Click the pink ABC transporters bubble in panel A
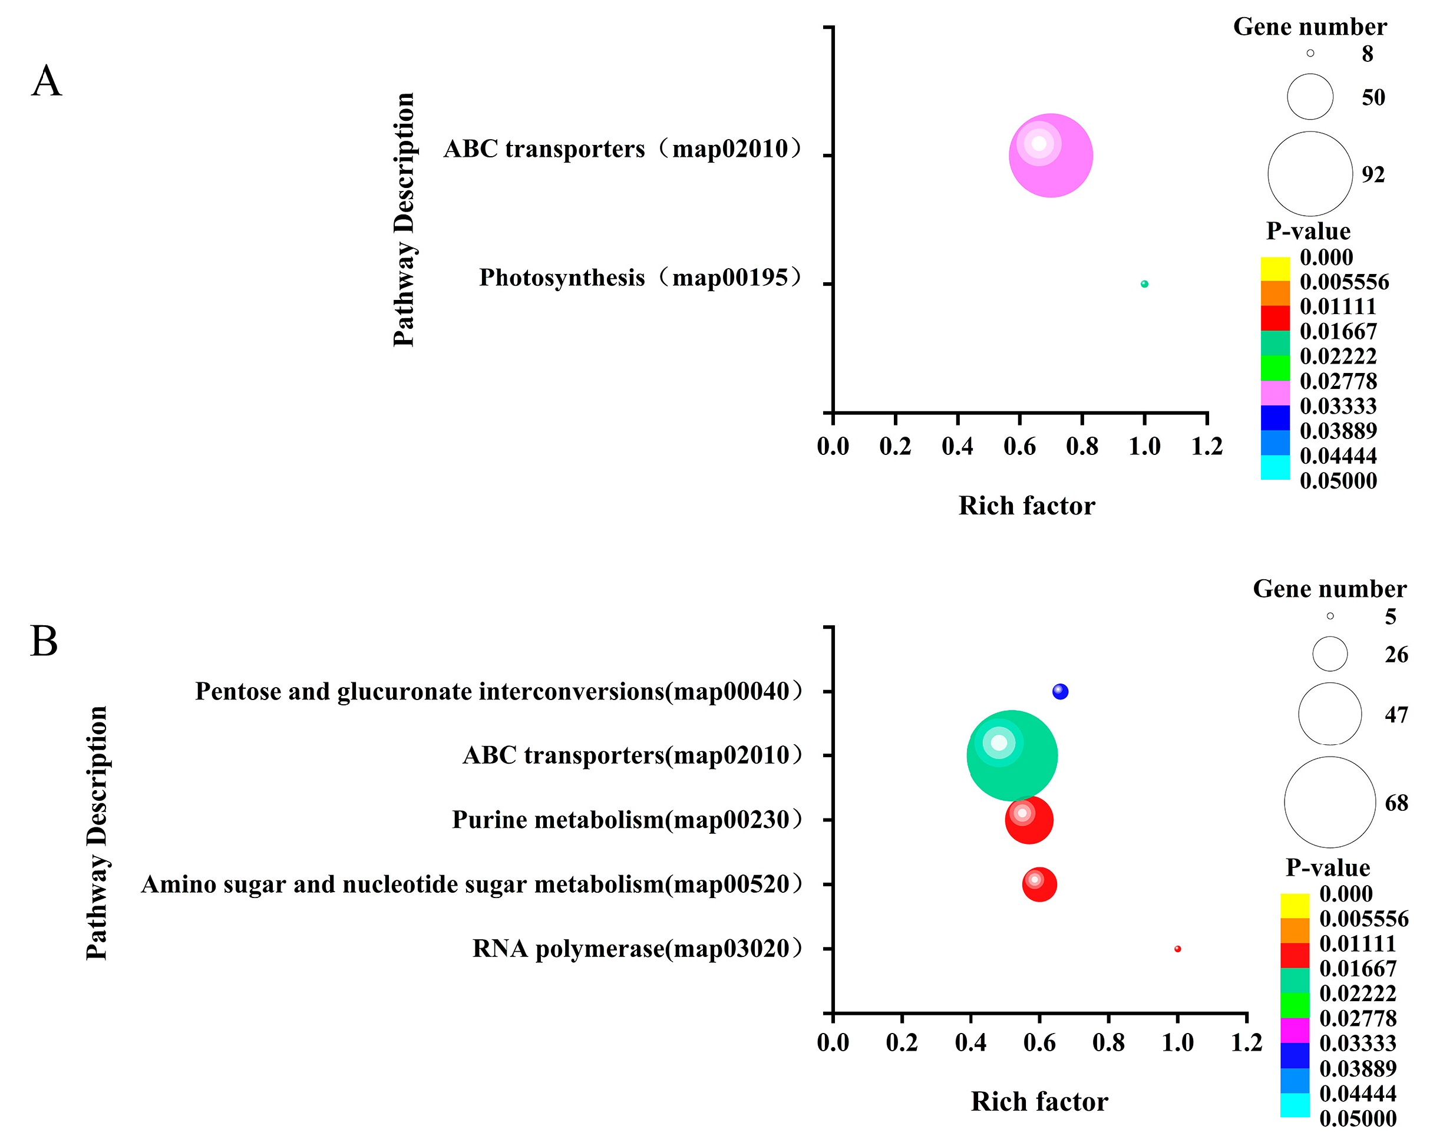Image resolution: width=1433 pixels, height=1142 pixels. click(x=1050, y=156)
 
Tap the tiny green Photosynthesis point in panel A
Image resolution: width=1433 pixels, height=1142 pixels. click(x=1144, y=284)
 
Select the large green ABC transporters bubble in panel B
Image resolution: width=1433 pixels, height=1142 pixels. click(x=1012, y=756)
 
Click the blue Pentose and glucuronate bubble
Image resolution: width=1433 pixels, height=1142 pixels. click(x=1060, y=691)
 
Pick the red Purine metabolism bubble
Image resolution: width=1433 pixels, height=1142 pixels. click(x=1029, y=820)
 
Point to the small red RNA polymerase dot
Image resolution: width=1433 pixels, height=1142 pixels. click(x=1177, y=949)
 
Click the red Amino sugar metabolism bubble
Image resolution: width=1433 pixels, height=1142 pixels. click(x=1039, y=884)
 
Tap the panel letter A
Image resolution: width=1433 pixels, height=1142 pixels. click(x=47, y=82)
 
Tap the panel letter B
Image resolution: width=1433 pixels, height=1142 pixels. click(x=44, y=642)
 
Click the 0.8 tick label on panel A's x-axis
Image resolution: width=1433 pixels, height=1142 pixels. click(x=1082, y=446)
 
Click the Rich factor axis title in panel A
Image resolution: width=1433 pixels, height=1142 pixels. click(x=1026, y=506)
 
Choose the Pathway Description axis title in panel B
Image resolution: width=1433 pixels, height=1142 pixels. click(x=97, y=833)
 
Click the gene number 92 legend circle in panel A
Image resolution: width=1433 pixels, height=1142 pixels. click(x=1309, y=173)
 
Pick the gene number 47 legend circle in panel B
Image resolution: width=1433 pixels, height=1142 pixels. click(x=1329, y=714)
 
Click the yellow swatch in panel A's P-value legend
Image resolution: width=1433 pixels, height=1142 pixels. click(x=1275, y=269)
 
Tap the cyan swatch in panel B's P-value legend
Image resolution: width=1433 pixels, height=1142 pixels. click(x=1294, y=1105)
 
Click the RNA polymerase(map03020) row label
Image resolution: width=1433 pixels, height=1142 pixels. click(x=638, y=949)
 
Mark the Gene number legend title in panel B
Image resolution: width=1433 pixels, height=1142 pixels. click(x=1329, y=589)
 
